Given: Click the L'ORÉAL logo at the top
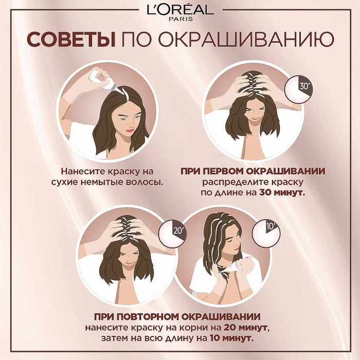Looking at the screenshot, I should [180, 10].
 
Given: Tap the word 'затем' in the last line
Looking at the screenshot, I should [120, 339].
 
